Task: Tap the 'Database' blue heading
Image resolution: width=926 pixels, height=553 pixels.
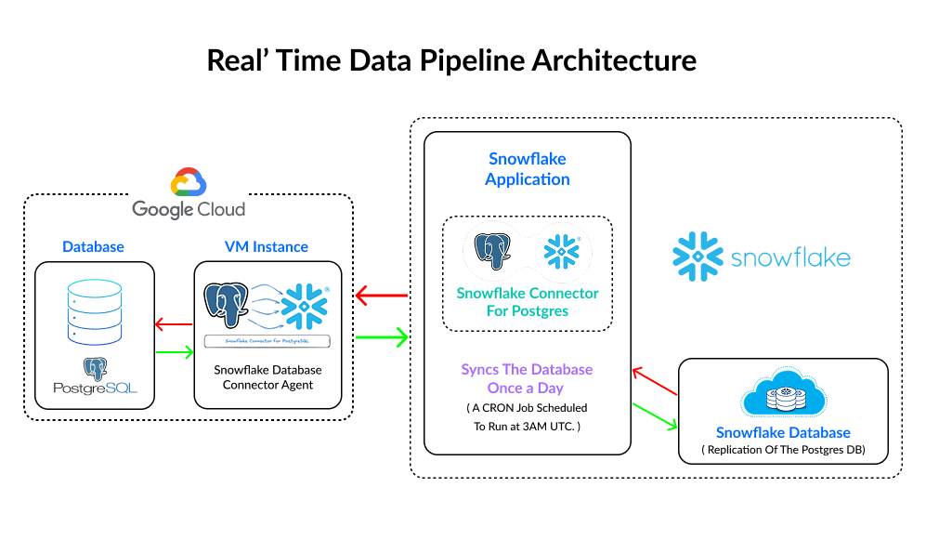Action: (x=93, y=246)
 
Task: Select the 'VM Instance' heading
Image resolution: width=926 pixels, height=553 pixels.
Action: (x=267, y=246)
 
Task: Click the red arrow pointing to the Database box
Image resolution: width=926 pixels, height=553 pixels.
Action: (x=173, y=324)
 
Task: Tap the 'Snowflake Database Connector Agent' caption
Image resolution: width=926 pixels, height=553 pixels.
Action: (x=267, y=377)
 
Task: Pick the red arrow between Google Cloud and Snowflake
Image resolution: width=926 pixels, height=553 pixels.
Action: (x=382, y=296)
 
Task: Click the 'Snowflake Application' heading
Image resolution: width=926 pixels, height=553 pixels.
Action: (x=527, y=169)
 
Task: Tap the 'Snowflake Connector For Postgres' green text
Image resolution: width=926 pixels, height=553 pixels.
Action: (x=528, y=301)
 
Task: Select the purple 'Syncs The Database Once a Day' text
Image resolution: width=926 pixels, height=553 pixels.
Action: (x=527, y=378)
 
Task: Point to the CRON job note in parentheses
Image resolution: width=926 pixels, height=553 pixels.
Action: (x=527, y=417)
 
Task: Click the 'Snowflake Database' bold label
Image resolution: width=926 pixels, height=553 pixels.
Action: (x=783, y=433)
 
